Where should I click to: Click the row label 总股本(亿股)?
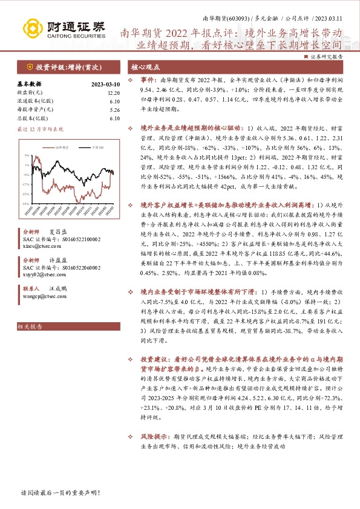31,118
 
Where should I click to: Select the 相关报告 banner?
30,327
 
